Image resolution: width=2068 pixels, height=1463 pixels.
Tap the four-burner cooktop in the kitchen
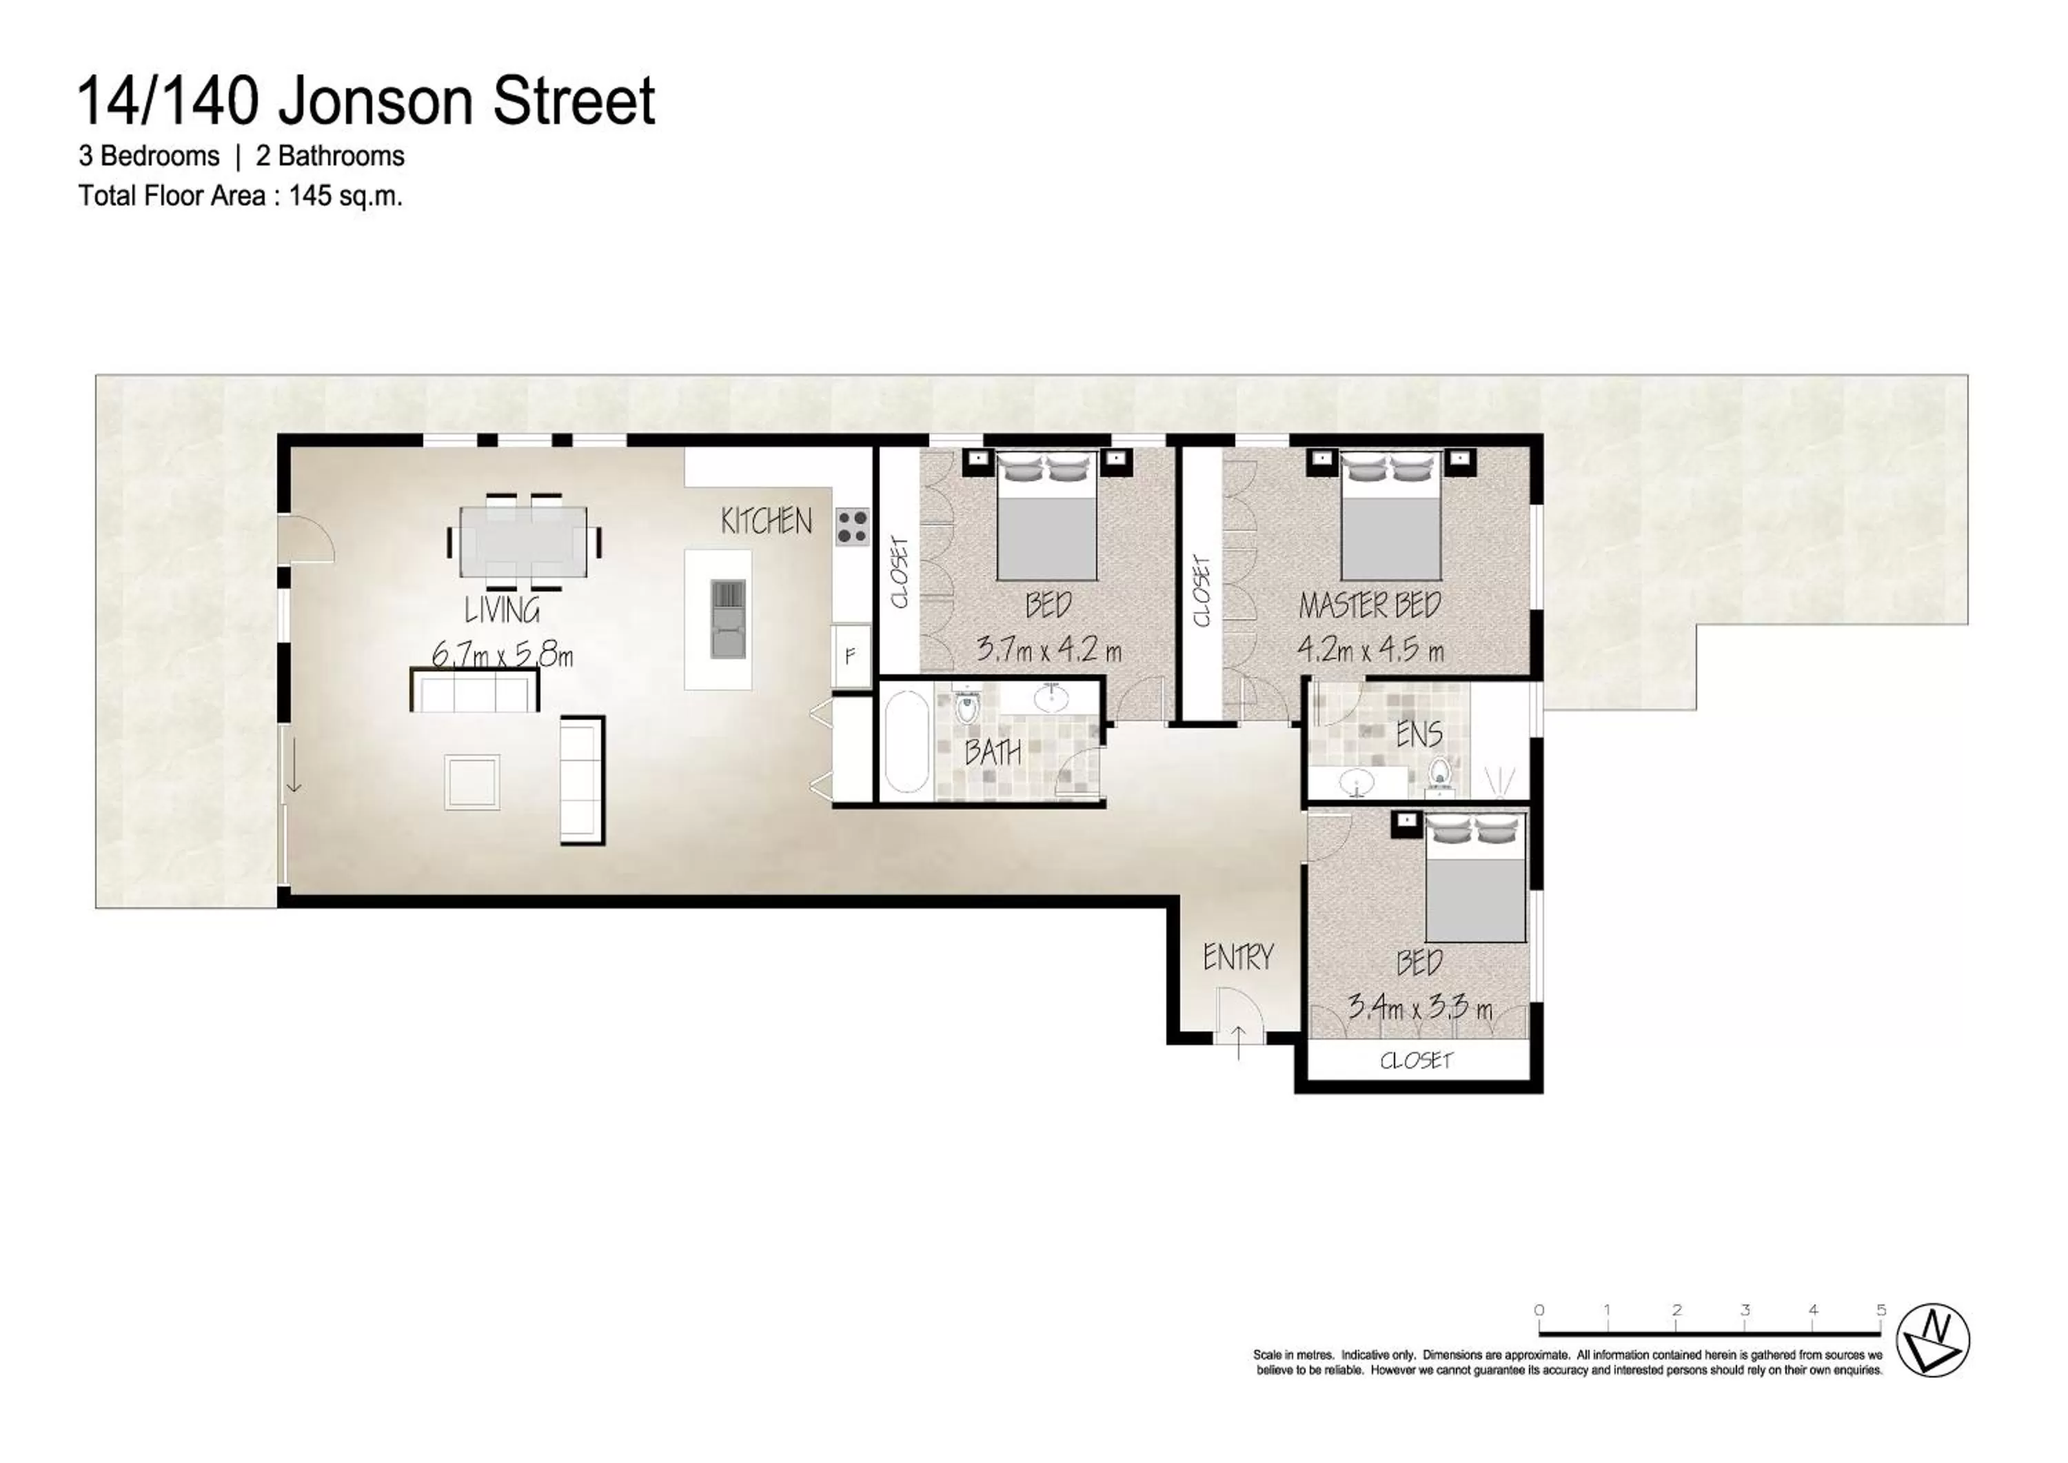(x=851, y=527)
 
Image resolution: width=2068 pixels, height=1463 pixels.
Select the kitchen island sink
(x=728, y=619)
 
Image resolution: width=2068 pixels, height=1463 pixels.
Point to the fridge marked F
(x=849, y=656)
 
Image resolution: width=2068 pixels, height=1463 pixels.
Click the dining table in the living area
(x=523, y=541)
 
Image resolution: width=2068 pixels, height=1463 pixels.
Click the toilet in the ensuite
(x=1439, y=776)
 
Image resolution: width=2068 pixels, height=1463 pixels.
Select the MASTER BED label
(x=1369, y=605)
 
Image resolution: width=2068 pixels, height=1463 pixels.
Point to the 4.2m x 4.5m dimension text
(x=1369, y=649)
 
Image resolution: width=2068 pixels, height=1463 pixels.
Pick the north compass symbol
(x=1933, y=1340)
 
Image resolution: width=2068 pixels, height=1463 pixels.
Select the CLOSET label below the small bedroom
(x=1416, y=1060)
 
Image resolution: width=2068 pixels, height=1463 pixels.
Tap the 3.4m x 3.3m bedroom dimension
(x=1419, y=1007)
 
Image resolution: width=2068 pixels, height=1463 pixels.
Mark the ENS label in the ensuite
(x=1419, y=734)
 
